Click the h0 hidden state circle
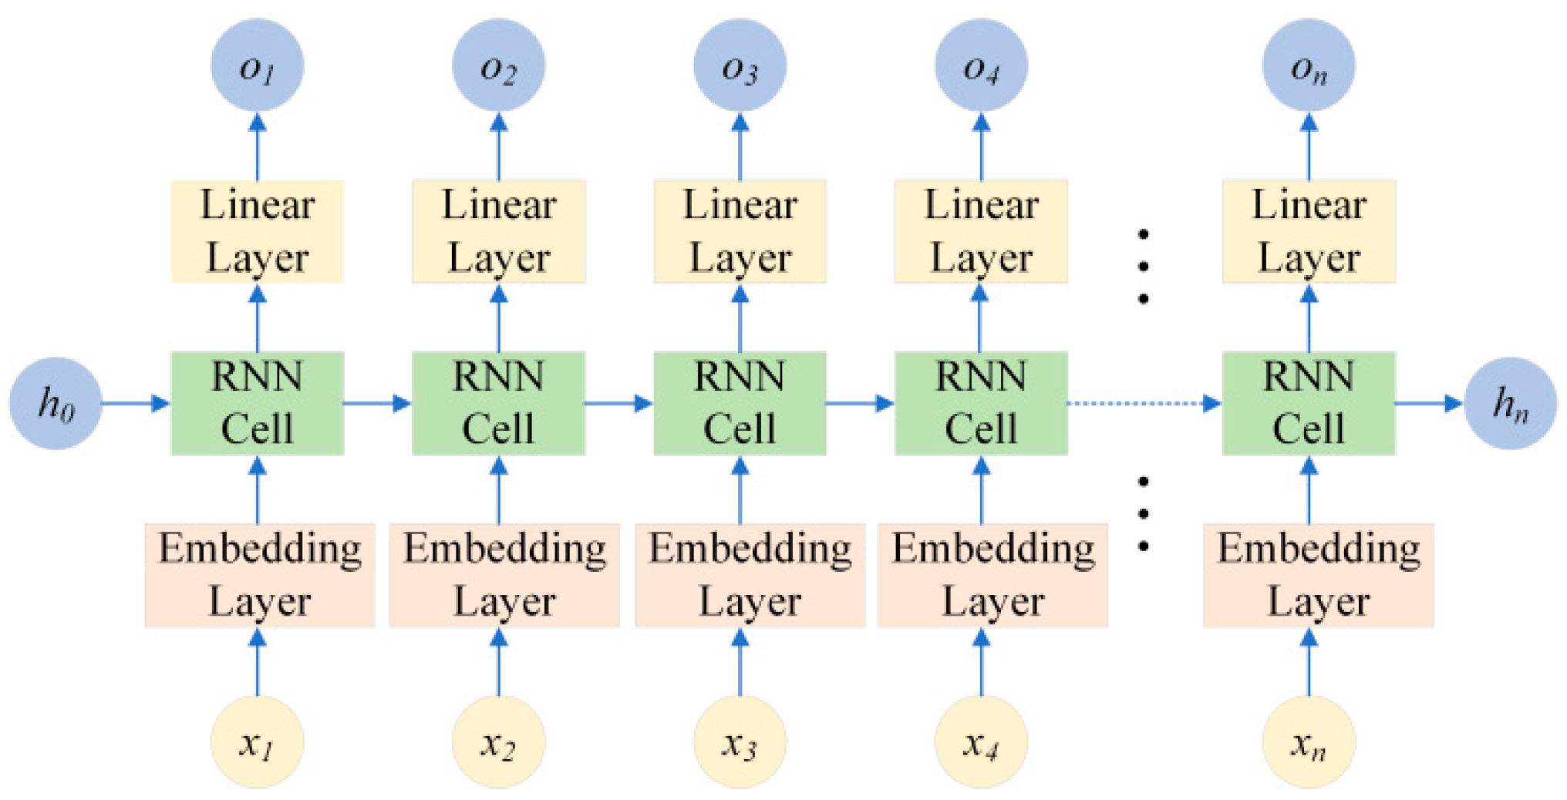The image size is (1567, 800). pyautogui.click(x=56, y=403)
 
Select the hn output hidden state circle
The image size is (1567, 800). pyautogui.click(x=1509, y=403)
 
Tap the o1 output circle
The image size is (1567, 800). pyautogui.click(x=257, y=66)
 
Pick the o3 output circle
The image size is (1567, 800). pyautogui.click(x=740, y=66)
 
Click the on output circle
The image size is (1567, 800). pyautogui.click(x=1308, y=66)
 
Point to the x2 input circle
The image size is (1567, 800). pyautogui.click(x=498, y=741)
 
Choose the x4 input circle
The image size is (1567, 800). pyautogui.click(x=980, y=741)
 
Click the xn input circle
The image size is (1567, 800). pyautogui.click(x=1308, y=741)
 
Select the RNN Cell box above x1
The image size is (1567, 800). pyautogui.click(x=257, y=403)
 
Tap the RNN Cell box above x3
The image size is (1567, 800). pyautogui.click(x=740, y=403)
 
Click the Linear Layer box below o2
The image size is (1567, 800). pyautogui.click(x=498, y=231)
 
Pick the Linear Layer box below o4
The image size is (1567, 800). pyautogui.click(x=980, y=231)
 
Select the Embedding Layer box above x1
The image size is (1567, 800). pyautogui.click(x=260, y=575)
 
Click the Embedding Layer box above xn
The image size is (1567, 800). pyautogui.click(x=1318, y=575)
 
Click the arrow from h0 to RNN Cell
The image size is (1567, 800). pyautogui.click(x=136, y=403)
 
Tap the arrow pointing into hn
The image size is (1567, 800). pyautogui.click(x=1428, y=403)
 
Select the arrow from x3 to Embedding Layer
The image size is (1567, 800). pyautogui.click(x=740, y=663)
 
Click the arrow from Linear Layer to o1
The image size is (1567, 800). pyautogui.click(x=257, y=146)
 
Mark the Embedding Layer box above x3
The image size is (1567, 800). pyautogui.click(x=750, y=575)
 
